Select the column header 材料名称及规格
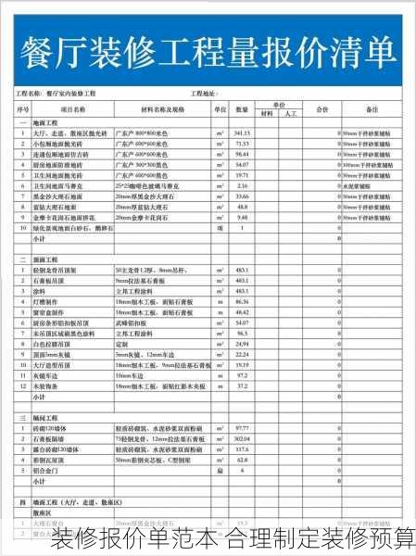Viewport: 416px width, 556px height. (163, 109)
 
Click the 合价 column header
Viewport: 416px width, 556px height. (321, 109)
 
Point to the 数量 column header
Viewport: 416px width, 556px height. (242, 109)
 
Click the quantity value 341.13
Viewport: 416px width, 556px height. (243, 133)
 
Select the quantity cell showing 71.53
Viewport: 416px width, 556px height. (243, 144)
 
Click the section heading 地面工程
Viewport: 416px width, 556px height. (45, 122)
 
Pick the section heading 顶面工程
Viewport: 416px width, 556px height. (45, 259)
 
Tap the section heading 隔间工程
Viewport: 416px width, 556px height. (45, 418)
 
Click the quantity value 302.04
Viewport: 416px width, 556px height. (243, 438)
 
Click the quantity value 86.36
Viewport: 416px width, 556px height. (243, 301)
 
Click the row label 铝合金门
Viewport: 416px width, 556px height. (45, 471)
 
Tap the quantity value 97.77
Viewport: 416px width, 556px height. (243, 428)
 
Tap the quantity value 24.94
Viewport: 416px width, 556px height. (243, 344)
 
